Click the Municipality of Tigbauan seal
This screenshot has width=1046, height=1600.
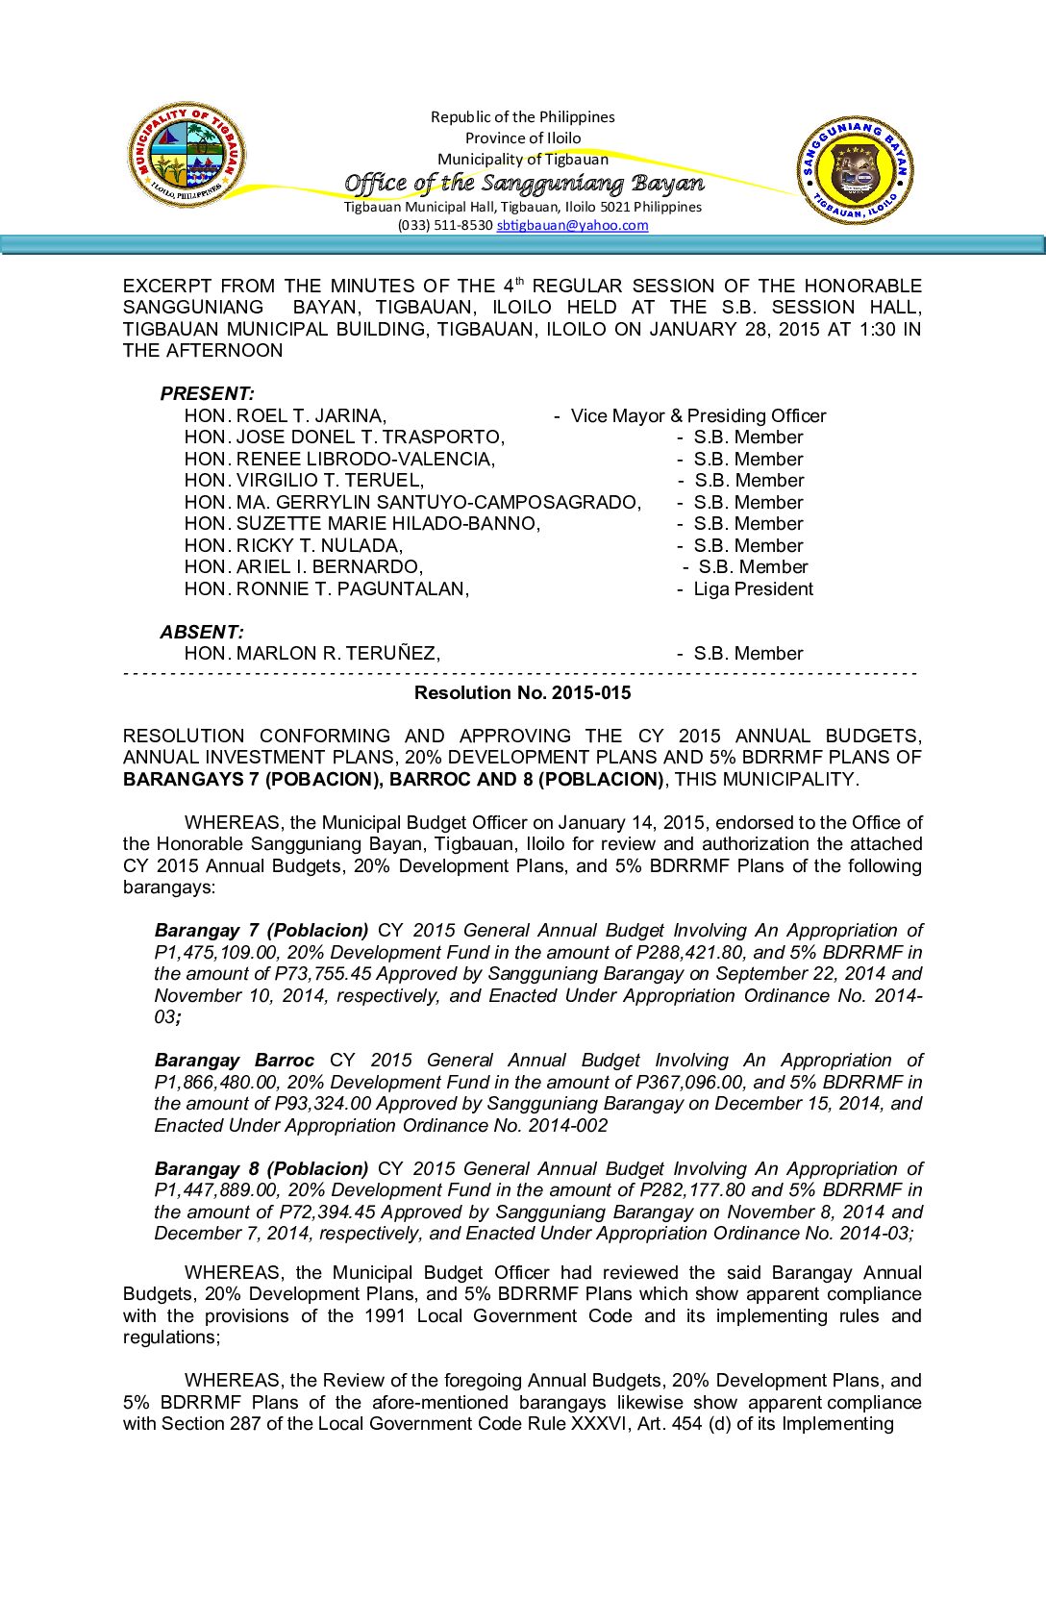[x=187, y=154]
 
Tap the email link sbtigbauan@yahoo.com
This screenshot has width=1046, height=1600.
[x=572, y=225]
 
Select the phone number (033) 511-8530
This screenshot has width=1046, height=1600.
[x=445, y=225]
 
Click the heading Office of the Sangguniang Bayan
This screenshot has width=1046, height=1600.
[x=524, y=183]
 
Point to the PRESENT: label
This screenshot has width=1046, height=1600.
[x=207, y=393]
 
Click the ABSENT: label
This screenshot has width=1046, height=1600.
[x=202, y=632]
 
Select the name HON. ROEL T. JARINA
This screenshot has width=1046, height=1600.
[x=286, y=415]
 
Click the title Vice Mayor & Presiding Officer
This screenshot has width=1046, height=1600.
[x=698, y=415]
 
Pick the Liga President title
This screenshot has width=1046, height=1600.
[x=753, y=588]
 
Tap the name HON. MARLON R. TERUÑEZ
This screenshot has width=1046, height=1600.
[x=312, y=653]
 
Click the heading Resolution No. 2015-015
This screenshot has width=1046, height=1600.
[x=522, y=692]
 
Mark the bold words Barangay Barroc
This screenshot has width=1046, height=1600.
[x=234, y=1060]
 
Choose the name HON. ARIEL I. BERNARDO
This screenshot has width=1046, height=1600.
[x=304, y=566]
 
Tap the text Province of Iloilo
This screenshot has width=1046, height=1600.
[x=523, y=137]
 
